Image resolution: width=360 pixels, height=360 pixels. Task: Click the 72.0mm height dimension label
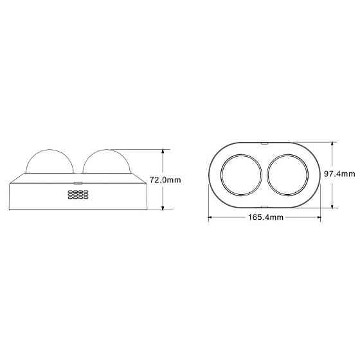(165, 181)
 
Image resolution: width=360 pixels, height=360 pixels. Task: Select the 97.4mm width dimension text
(339, 174)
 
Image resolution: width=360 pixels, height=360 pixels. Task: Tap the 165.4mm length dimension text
(265, 218)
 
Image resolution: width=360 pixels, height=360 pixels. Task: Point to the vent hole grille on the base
(78, 196)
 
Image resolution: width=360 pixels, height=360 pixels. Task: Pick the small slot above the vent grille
(78, 183)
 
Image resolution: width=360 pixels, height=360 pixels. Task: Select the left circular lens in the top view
(241, 174)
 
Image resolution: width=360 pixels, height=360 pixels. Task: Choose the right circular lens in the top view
(287, 174)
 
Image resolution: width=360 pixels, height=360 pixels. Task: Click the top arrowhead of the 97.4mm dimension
(332, 144)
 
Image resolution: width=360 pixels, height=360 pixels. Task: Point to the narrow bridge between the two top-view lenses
(264, 174)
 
